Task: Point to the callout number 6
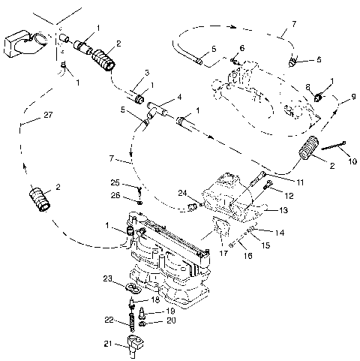241,48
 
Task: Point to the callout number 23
109,278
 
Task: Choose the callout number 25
115,182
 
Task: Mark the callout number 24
183,193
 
